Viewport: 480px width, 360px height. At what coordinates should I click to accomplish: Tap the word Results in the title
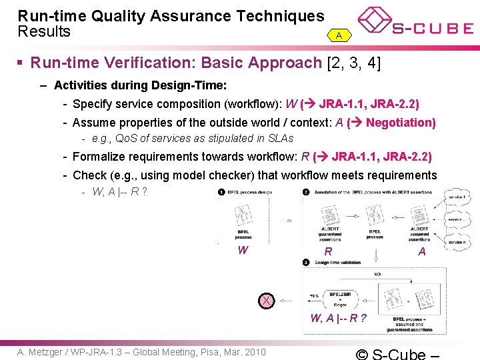pos(44,32)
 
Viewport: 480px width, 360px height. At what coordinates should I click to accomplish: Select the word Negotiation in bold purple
pos(400,123)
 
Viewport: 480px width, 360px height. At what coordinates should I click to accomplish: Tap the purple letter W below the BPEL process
pos(243,251)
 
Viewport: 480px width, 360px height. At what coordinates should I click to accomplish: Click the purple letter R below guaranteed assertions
pos(328,252)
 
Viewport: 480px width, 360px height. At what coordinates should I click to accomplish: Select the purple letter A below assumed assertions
pos(422,251)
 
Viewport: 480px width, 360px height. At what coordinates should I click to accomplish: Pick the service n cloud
pos(457,243)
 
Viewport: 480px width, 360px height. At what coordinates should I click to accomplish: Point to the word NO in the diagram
pos(377,273)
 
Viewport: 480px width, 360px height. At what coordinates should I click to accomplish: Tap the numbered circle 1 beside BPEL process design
pos(221,192)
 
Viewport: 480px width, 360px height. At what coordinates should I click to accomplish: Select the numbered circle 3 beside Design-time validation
pos(306,263)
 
